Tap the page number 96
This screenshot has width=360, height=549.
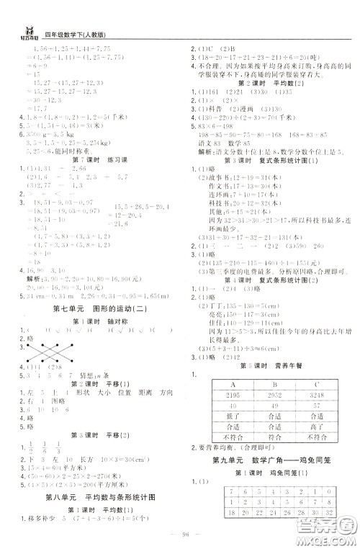(x=180, y=534)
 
